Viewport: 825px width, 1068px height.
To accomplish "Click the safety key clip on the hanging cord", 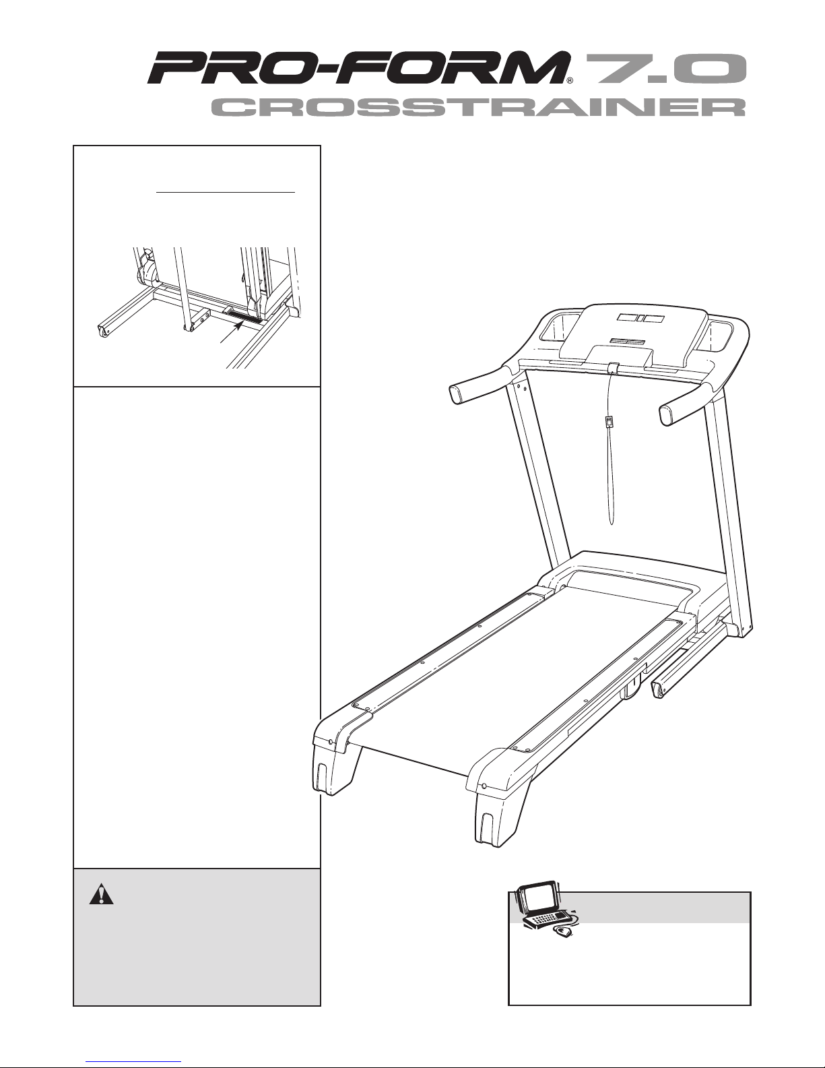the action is click(608, 422).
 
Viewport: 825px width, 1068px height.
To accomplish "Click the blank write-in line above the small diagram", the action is click(226, 191).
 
